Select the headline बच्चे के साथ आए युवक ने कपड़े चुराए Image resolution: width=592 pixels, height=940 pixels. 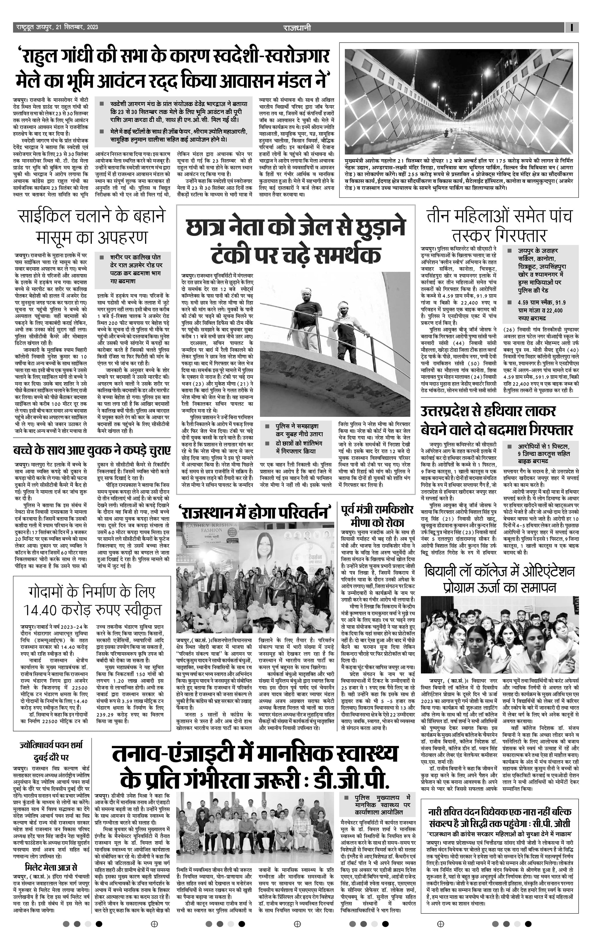coord(92,450)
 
